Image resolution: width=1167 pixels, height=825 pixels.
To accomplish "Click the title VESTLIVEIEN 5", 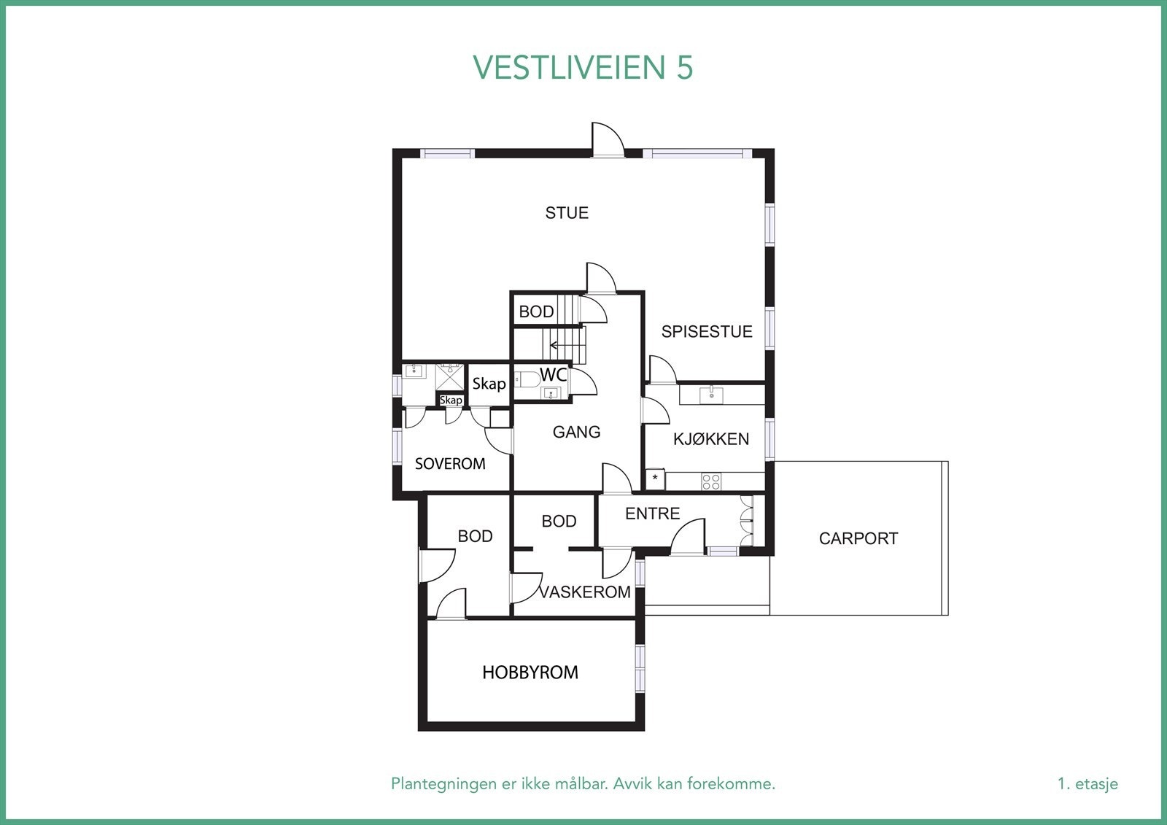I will coord(583,67).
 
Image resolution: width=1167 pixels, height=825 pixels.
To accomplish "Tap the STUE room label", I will coord(567,213).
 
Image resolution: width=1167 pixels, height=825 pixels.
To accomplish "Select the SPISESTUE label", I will coord(706,332).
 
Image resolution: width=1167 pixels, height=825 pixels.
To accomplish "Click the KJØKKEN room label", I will coord(710,439).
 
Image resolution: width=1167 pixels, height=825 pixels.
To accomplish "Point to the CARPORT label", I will coord(858,539).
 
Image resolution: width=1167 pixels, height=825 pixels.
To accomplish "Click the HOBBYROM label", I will coord(530,673).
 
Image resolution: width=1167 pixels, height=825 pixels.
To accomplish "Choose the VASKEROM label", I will coord(585,592).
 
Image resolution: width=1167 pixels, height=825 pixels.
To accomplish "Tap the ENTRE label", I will coord(652,514).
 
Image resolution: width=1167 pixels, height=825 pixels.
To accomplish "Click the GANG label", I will coord(576,433).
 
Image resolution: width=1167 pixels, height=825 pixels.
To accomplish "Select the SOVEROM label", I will coord(450,464).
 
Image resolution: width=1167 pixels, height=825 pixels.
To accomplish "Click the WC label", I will coord(553,375).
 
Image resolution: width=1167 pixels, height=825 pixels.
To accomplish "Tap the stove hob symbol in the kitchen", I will coord(711,481).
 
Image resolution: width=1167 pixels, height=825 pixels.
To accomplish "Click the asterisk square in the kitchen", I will coord(655,479).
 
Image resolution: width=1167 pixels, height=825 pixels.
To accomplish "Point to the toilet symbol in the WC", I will coord(527,379).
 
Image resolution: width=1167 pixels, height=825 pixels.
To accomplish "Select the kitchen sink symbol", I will coord(711,395).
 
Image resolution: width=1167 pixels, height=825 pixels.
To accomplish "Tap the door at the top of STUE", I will coord(608,140).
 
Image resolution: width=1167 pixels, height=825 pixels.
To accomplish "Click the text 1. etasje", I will coord(1087,784).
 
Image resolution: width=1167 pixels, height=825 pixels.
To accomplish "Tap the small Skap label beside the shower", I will coord(451,400).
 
